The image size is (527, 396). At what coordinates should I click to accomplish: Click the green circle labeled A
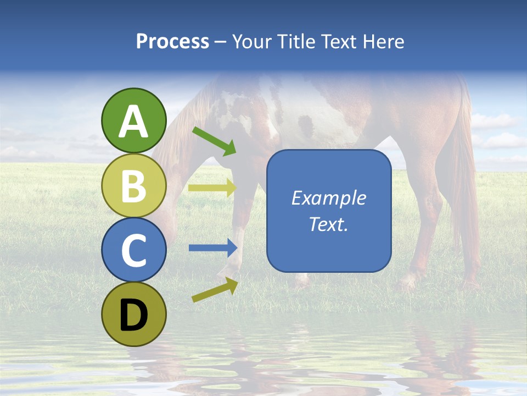(133, 121)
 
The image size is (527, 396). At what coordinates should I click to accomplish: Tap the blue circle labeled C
(133, 250)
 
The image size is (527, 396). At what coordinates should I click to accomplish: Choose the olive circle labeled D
(133, 315)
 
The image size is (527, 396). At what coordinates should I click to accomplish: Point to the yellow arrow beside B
(212, 188)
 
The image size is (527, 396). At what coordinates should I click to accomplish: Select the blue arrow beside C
(212, 248)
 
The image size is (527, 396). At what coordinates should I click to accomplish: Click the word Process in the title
(172, 42)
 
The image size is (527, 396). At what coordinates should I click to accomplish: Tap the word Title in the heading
(296, 42)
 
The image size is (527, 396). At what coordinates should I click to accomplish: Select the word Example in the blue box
(328, 198)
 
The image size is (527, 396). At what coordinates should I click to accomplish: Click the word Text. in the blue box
(328, 224)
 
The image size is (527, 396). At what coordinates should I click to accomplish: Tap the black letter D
(133, 316)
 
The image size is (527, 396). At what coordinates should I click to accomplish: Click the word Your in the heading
(252, 42)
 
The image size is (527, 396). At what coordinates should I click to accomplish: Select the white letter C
(133, 251)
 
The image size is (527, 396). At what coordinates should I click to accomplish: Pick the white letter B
(133, 186)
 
